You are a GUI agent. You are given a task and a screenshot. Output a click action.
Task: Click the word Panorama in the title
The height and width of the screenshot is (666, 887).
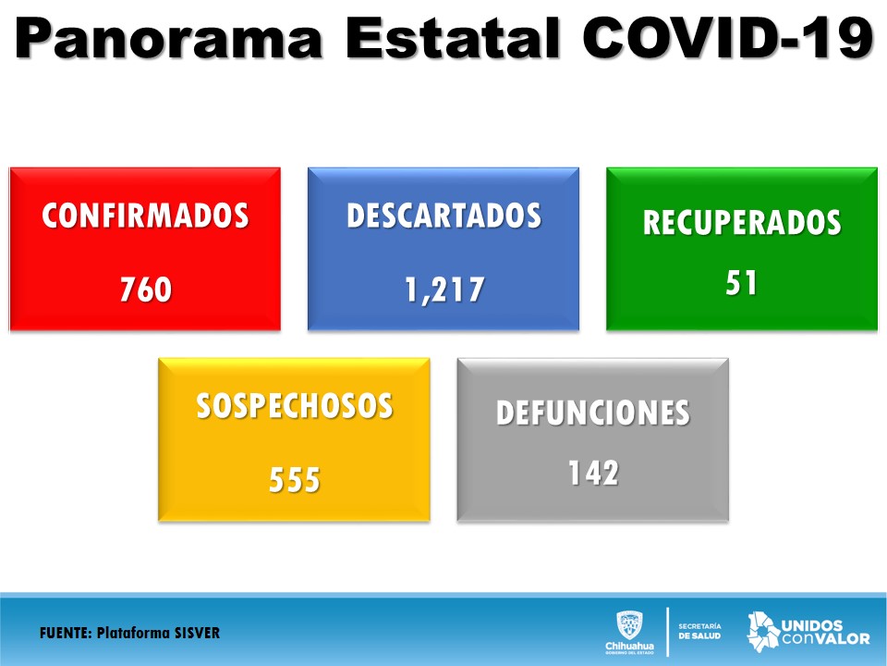pos(168,38)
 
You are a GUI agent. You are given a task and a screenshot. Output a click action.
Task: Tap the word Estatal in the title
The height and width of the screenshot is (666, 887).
pos(453,38)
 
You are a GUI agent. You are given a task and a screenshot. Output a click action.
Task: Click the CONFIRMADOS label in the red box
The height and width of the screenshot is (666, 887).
pos(145,216)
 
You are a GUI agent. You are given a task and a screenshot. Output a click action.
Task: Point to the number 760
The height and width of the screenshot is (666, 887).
pos(145,289)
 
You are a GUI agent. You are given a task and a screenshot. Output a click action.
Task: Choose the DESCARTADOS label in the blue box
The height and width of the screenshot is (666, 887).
pos(444,216)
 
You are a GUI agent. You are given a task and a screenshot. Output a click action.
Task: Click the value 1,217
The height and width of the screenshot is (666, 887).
pos(444,290)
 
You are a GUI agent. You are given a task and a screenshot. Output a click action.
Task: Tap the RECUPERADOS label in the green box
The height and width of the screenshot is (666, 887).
pos(742,222)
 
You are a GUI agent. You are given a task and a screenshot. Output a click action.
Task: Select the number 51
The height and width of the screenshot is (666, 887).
pos(741,282)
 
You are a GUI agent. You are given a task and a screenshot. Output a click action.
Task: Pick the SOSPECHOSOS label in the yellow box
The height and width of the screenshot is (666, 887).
pos(295,406)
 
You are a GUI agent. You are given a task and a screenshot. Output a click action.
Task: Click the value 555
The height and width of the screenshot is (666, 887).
pos(294,480)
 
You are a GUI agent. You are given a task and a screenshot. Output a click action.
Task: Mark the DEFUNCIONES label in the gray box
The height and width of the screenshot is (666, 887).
pos(593,413)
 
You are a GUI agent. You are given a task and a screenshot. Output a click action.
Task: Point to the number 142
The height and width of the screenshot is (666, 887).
pos(593,473)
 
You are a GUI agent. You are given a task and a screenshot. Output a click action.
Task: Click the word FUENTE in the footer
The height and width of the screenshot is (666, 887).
pos(65,633)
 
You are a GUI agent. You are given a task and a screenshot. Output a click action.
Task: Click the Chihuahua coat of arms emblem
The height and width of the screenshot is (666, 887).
pos(629,626)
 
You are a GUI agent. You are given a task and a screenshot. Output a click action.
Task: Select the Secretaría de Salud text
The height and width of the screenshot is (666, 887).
pos(699,631)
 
